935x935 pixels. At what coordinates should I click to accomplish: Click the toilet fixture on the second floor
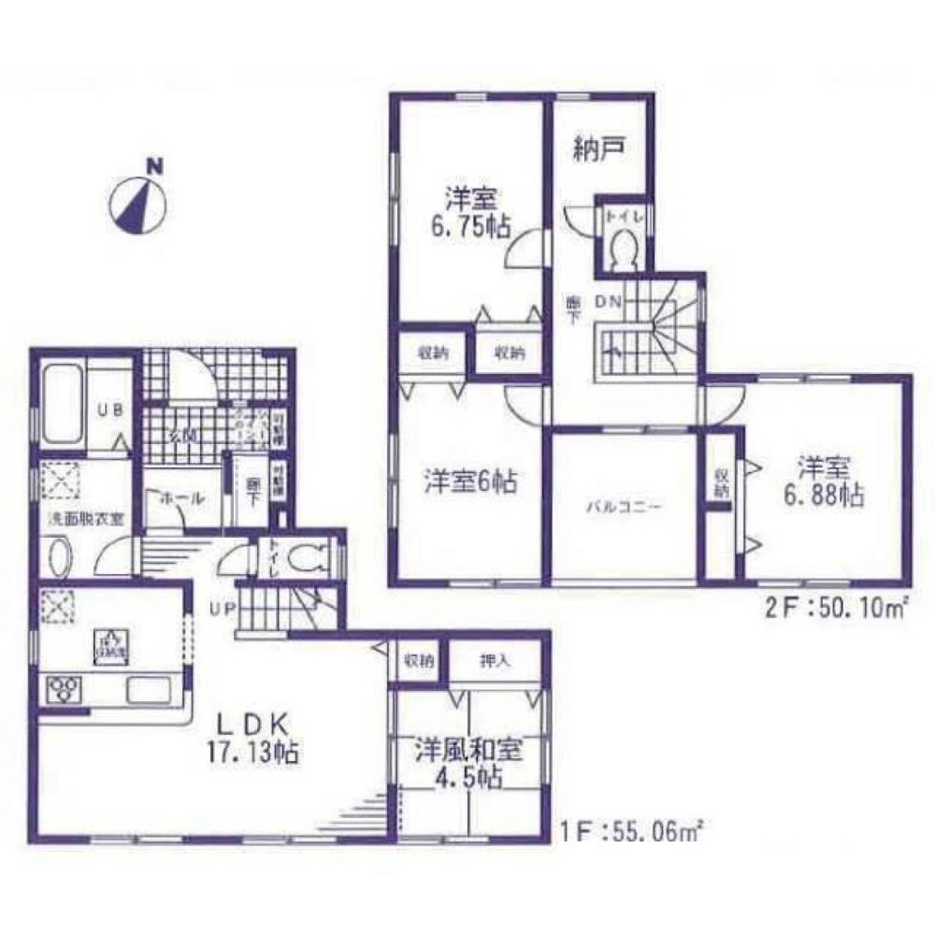click(622, 248)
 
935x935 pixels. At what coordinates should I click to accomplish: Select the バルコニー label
click(624, 508)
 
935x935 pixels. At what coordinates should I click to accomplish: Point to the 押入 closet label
click(496, 662)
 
